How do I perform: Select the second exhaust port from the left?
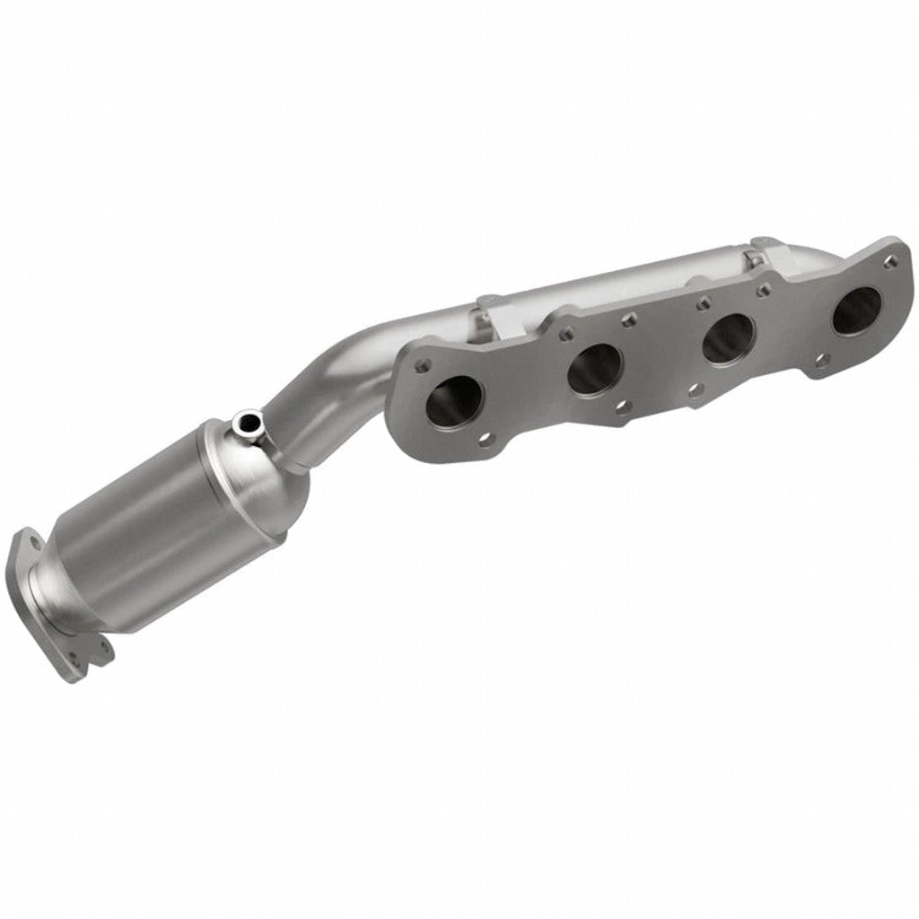(594, 366)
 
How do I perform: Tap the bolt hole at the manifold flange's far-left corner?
(424, 364)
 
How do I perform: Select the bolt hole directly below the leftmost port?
(486, 439)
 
